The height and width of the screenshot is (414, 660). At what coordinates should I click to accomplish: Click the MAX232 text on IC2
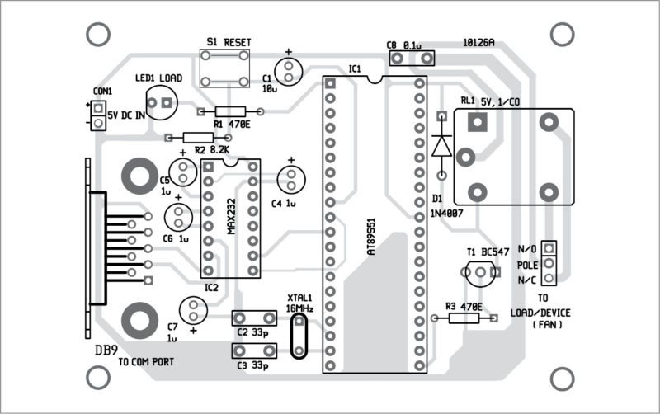232,214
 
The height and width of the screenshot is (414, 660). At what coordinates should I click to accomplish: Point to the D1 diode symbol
440,145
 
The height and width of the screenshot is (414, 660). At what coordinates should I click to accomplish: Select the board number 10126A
478,42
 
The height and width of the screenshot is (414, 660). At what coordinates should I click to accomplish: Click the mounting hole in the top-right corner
563,34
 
